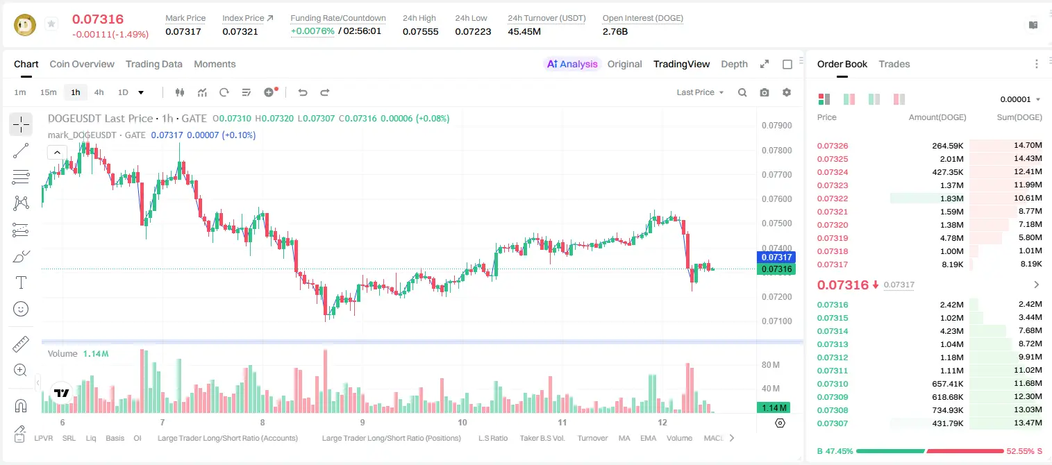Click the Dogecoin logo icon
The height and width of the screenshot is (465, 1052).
25,25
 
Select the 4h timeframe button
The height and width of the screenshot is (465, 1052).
99,92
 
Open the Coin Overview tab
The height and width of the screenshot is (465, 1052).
82,64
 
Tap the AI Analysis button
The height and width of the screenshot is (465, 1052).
572,64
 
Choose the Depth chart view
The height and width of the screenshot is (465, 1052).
734,64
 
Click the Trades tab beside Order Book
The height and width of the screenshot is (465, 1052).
894,64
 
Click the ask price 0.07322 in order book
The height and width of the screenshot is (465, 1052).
832,198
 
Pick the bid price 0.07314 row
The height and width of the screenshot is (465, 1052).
832,331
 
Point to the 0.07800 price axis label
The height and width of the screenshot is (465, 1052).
777,150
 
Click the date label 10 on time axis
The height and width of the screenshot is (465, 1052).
462,422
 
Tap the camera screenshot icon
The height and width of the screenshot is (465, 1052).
765,92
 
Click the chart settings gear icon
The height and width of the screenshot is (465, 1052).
787,92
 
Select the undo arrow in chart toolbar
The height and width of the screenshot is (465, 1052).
303,92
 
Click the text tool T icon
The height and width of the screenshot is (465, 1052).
21,282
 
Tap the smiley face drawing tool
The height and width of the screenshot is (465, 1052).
21,309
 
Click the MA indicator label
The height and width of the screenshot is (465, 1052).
624,438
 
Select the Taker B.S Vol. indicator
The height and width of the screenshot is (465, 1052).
542,438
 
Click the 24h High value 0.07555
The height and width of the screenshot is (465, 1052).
420,31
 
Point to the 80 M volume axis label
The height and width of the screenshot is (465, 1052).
770,364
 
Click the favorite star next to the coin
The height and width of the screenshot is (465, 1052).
51,24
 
